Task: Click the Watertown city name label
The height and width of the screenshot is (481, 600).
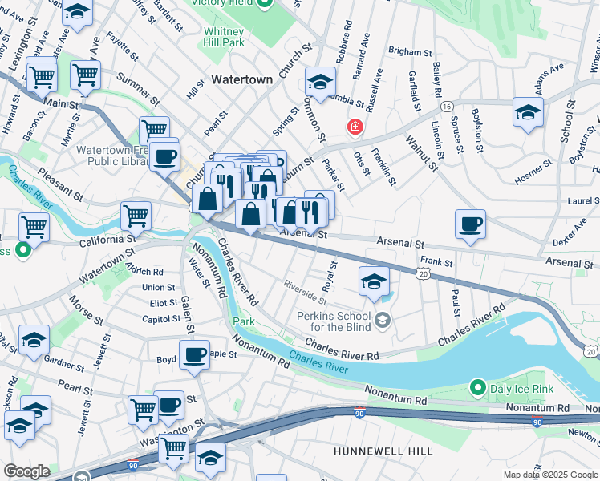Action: tap(241, 80)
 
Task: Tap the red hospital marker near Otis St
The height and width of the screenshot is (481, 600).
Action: tap(354, 127)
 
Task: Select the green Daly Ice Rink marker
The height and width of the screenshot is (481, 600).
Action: tap(479, 389)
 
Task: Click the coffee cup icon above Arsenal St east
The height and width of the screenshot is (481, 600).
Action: tap(470, 224)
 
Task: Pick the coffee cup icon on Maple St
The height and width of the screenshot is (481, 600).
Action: tap(193, 354)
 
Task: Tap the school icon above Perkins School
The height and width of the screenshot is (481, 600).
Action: tap(374, 281)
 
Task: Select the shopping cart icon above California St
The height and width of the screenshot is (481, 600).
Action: tap(136, 215)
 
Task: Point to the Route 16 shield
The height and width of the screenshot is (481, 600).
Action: tap(447, 106)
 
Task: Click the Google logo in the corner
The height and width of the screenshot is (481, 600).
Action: tap(26, 471)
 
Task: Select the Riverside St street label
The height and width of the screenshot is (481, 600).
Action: tap(305, 292)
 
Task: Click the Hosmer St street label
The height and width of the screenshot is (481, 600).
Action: tap(533, 170)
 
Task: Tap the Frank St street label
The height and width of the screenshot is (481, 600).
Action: tap(436, 262)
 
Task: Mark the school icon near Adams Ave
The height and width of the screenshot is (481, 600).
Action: tap(528, 113)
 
